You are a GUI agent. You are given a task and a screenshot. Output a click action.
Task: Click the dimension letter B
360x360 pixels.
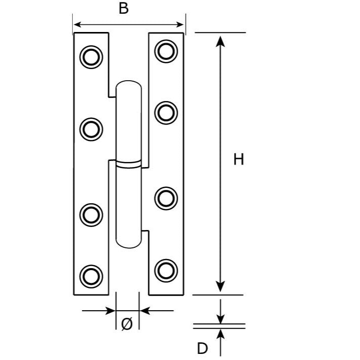(x=123, y=9)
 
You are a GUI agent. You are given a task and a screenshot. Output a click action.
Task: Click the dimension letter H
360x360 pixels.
(x=239, y=159)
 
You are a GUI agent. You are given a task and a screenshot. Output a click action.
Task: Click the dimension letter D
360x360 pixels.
(x=202, y=348)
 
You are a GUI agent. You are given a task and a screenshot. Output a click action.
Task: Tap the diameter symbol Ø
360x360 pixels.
(x=127, y=324)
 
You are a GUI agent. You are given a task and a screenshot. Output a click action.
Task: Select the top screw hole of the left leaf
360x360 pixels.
(x=91, y=57)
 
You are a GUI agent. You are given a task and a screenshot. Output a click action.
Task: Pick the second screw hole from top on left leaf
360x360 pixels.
(x=91, y=129)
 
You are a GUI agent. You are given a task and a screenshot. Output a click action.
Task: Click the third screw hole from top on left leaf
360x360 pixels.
(x=91, y=215)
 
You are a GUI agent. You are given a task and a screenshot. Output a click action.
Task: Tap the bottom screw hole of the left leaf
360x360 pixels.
(x=91, y=276)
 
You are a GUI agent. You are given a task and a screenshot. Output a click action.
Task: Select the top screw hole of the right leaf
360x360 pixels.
(x=166, y=51)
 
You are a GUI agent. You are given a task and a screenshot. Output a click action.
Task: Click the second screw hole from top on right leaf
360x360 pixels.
(x=166, y=113)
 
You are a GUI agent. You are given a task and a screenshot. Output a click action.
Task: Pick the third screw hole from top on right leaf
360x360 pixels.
(x=166, y=199)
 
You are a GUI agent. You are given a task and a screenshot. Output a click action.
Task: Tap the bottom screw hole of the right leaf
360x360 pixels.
(x=166, y=271)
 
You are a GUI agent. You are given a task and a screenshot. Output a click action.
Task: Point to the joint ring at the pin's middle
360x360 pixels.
(x=128, y=164)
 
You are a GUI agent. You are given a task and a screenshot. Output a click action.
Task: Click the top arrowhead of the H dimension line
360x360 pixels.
(x=220, y=42)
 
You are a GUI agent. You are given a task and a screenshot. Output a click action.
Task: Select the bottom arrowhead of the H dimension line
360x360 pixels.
(x=220, y=286)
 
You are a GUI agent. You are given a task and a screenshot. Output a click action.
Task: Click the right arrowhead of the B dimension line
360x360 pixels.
(x=180, y=24)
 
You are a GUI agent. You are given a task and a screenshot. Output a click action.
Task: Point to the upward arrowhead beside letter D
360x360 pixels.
(x=220, y=334)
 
